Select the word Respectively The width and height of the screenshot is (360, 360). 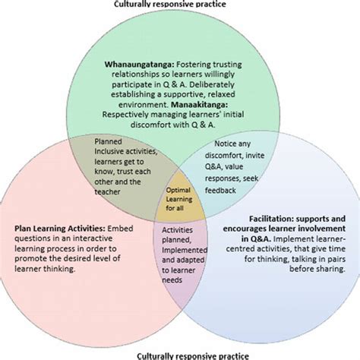tap(125, 113)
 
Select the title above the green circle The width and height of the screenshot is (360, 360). tap(180, 5)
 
